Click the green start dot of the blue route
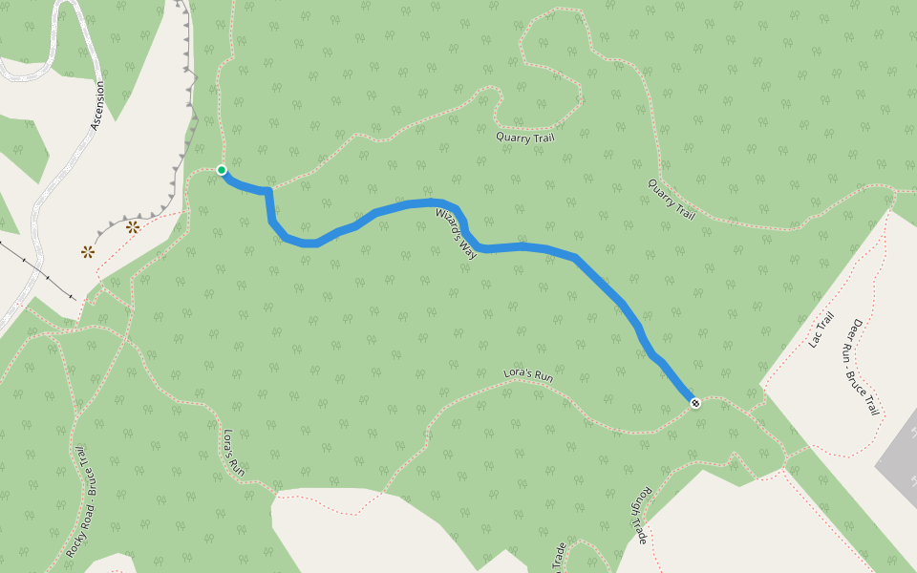click(x=222, y=170)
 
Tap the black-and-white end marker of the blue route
click(x=695, y=403)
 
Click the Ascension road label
click(x=96, y=106)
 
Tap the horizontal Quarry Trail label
click(x=524, y=137)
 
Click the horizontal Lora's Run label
click(x=528, y=376)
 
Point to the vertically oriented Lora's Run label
click(x=234, y=453)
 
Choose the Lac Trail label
click(x=821, y=330)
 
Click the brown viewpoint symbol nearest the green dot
click(x=133, y=227)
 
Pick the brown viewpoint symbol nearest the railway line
click(x=88, y=252)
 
